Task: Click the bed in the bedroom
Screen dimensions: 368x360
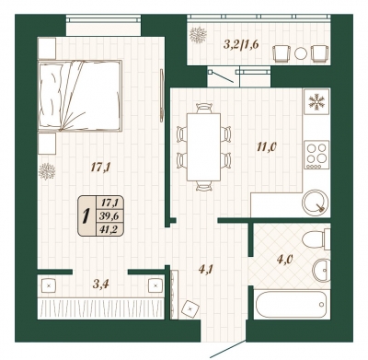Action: (x=80, y=96)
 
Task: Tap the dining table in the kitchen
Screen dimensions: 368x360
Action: (x=203, y=147)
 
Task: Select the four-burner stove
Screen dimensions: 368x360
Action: (x=317, y=155)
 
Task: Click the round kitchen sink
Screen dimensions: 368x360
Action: (x=315, y=203)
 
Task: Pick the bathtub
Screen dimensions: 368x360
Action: (x=291, y=305)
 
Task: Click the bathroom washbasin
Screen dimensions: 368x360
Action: (x=321, y=270)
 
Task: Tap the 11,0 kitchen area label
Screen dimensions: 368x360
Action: (x=267, y=146)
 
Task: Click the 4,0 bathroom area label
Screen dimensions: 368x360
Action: (x=283, y=260)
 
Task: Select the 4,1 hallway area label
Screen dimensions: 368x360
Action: (x=206, y=270)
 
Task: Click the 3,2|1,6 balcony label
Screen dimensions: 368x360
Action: (x=241, y=45)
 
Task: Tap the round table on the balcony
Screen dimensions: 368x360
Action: (x=301, y=53)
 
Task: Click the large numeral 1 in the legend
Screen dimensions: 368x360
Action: (x=86, y=216)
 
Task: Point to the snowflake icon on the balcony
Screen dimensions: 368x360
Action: (x=198, y=35)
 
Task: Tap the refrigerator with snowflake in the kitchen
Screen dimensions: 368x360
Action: (x=316, y=102)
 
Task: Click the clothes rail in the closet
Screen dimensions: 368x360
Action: (x=100, y=308)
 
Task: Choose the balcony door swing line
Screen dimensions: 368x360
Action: (x=223, y=77)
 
